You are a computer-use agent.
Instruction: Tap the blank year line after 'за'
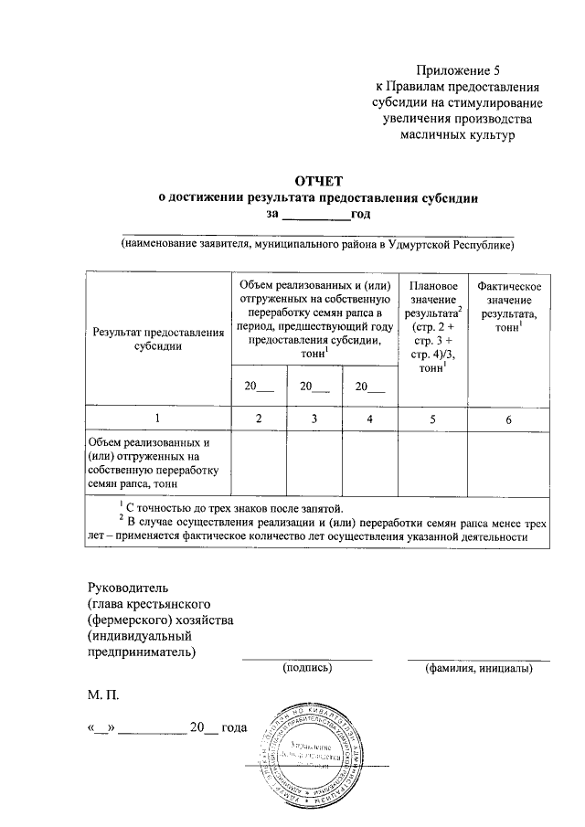point(314,217)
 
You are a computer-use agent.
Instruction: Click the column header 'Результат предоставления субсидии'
point(158,339)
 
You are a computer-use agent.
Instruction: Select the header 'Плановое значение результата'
point(434,326)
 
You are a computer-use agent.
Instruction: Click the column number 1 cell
point(158,419)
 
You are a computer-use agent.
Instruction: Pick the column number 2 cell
point(259,419)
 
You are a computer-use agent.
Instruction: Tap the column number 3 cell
point(314,419)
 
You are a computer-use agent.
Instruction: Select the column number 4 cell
point(369,419)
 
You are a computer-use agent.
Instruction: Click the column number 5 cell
point(434,419)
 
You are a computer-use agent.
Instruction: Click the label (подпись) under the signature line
point(307,668)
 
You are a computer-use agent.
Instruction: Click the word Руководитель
point(128,587)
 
